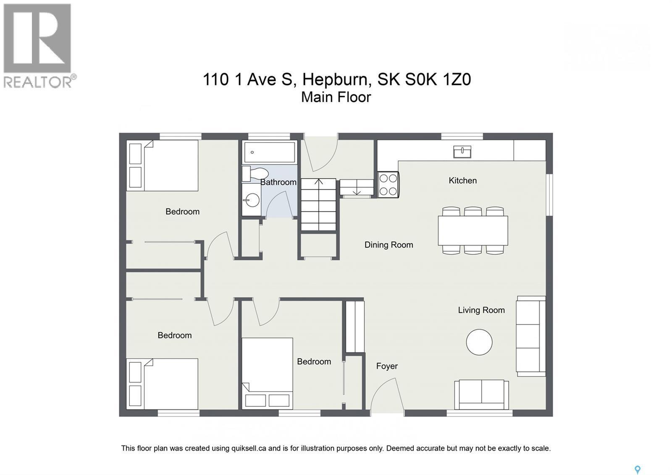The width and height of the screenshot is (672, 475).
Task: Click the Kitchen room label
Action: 462,181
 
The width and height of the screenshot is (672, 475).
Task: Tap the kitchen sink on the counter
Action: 462,151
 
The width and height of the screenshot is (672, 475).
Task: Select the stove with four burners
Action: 388,185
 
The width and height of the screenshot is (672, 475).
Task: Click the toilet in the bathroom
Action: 256,173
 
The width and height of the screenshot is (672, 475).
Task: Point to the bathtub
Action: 269,152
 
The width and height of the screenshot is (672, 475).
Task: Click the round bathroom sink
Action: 252,200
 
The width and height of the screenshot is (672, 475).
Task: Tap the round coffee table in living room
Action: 479,342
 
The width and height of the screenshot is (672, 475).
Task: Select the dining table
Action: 472,230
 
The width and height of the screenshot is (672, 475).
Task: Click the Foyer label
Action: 387,366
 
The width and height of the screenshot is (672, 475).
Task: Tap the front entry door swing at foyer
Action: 386,395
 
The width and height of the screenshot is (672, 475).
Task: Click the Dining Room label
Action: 388,245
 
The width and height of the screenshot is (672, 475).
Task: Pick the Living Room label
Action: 481,310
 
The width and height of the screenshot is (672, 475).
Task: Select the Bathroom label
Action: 278,182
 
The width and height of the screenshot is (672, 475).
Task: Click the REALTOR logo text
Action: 38,82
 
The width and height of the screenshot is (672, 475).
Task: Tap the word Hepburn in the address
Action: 336,79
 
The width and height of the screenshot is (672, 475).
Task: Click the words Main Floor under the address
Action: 336,97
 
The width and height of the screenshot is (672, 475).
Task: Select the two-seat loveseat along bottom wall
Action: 481,394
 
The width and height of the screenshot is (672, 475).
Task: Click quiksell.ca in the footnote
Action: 249,449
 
